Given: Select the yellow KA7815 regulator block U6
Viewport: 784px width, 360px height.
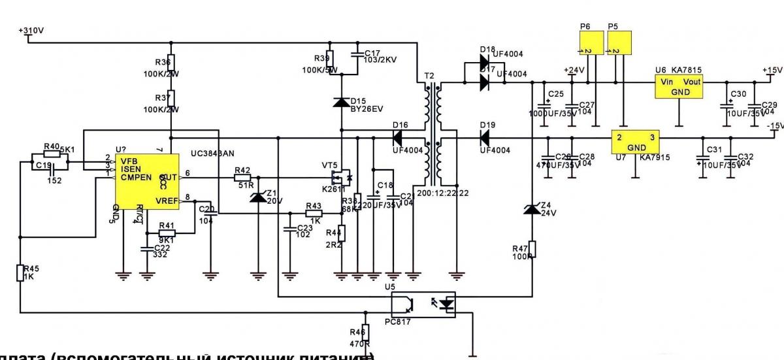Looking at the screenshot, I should [x=679, y=86].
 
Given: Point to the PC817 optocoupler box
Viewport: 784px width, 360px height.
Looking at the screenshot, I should [x=423, y=304].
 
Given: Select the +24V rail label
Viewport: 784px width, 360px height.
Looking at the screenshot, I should [x=573, y=70].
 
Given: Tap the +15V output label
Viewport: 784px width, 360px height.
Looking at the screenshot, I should [x=772, y=70].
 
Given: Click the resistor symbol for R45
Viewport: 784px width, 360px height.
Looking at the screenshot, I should [x=20, y=272].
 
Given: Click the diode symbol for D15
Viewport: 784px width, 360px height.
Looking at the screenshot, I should [x=341, y=102].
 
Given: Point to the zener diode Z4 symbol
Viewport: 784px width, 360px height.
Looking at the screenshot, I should [x=532, y=208].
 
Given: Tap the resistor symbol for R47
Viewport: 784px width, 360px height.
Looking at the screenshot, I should [x=532, y=249].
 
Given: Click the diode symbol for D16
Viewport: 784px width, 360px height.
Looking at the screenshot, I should [x=397, y=138].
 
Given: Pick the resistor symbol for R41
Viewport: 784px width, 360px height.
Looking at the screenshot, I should [x=167, y=233].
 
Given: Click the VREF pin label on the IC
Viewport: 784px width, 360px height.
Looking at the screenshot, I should [x=165, y=200].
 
